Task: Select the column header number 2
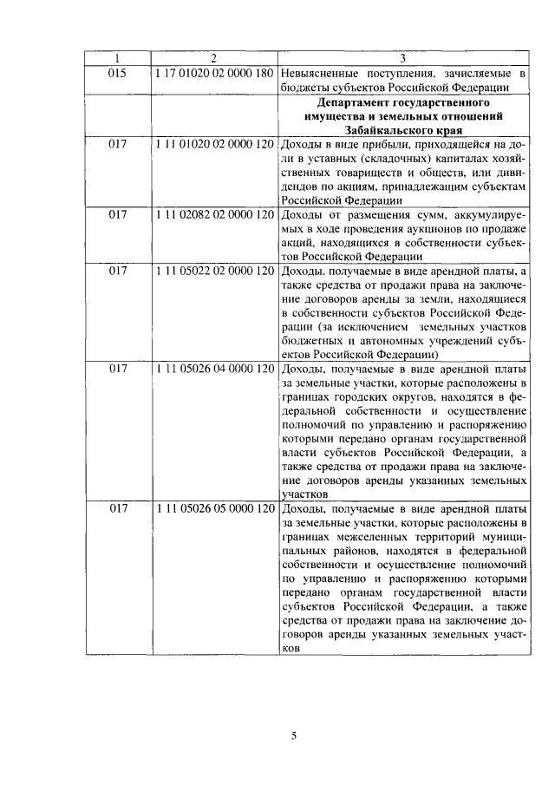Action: point(213,59)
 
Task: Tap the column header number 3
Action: point(404,59)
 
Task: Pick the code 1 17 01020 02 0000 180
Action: point(214,73)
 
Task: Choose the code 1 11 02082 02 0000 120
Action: point(214,213)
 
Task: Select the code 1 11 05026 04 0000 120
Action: point(214,368)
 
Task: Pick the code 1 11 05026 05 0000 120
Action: point(214,508)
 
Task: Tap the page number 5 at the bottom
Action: point(294,736)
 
